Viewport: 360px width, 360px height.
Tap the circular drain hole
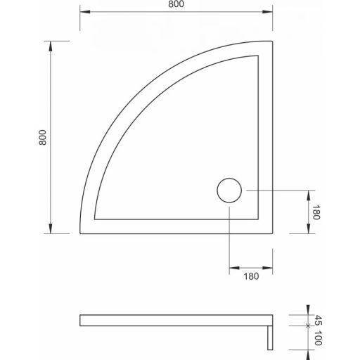229,191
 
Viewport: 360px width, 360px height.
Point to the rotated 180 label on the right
316,213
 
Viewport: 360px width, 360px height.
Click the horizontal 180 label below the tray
252,276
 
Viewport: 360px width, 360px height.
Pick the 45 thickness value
317,320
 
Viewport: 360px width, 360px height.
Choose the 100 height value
317,340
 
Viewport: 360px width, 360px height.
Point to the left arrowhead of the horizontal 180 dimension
233,267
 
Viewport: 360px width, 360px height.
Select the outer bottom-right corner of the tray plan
272,233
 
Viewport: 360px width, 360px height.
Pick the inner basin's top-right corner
258,55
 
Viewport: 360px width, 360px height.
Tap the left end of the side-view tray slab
81,321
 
